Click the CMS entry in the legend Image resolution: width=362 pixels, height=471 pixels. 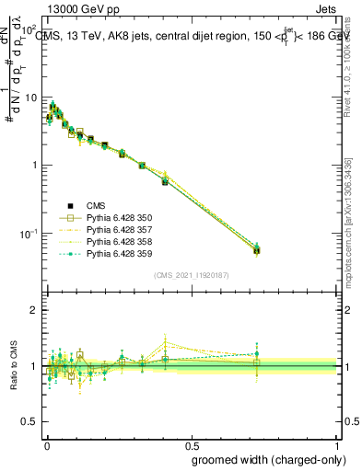(x=96, y=205)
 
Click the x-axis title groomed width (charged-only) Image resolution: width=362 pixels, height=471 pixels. (x=264, y=459)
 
